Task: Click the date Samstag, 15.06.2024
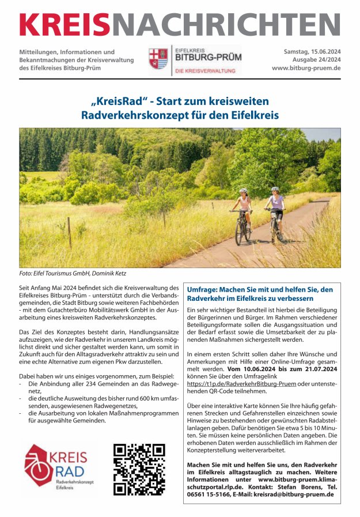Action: (312, 52)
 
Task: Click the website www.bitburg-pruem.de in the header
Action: (306, 68)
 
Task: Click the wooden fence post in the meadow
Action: (69, 232)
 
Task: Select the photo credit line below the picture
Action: (73, 273)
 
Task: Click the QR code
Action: (139, 470)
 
